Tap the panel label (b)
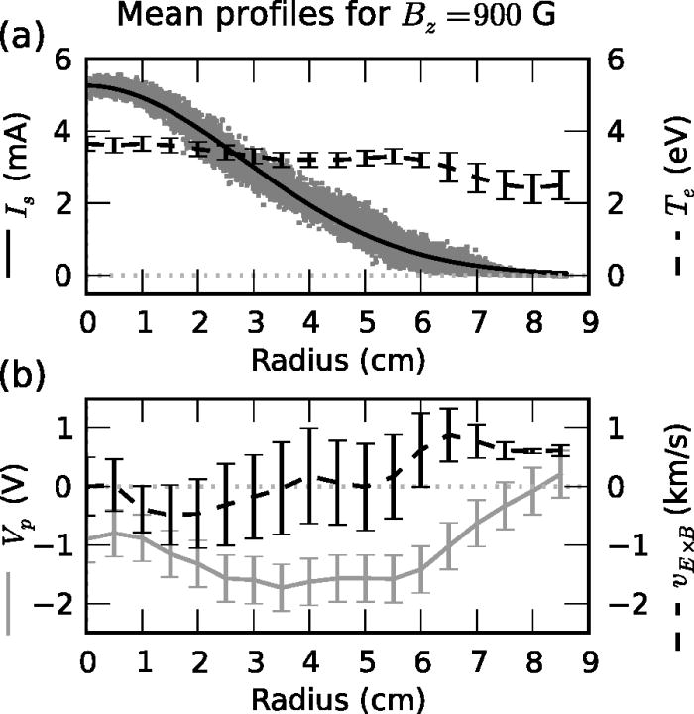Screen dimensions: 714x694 click(x=22, y=376)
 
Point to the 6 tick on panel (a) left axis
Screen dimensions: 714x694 click(x=64, y=59)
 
